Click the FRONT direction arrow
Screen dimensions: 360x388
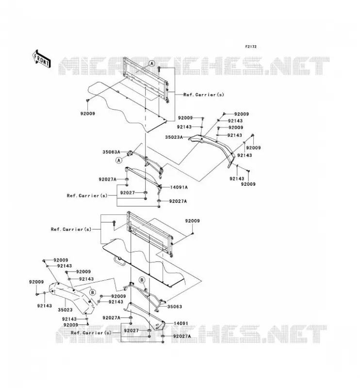click(42, 59)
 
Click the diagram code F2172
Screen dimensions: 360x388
click(251, 47)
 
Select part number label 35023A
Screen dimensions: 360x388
click(174, 137)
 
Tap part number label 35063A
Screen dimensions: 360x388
click(111, 152)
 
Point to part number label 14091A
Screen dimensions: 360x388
click(179, 187)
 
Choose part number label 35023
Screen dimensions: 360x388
click(65, 309)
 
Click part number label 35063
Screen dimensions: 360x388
click(175, 307)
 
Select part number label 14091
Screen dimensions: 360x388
click(181, 323)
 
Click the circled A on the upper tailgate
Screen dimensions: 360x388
click(152, 64)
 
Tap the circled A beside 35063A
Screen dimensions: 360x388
click(119, 161)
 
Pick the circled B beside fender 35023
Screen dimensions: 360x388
click(92, 292)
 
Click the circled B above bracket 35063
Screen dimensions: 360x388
click(142, 280)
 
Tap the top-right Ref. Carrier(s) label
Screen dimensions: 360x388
click(203, 95)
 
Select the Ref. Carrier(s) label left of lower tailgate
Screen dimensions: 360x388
click(71, 229)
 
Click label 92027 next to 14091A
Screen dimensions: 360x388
click(128, 193)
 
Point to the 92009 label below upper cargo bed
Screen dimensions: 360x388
click(88, 113)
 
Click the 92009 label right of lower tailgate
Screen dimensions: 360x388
click(193, 221)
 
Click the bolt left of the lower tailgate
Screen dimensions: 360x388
click(114, 223)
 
